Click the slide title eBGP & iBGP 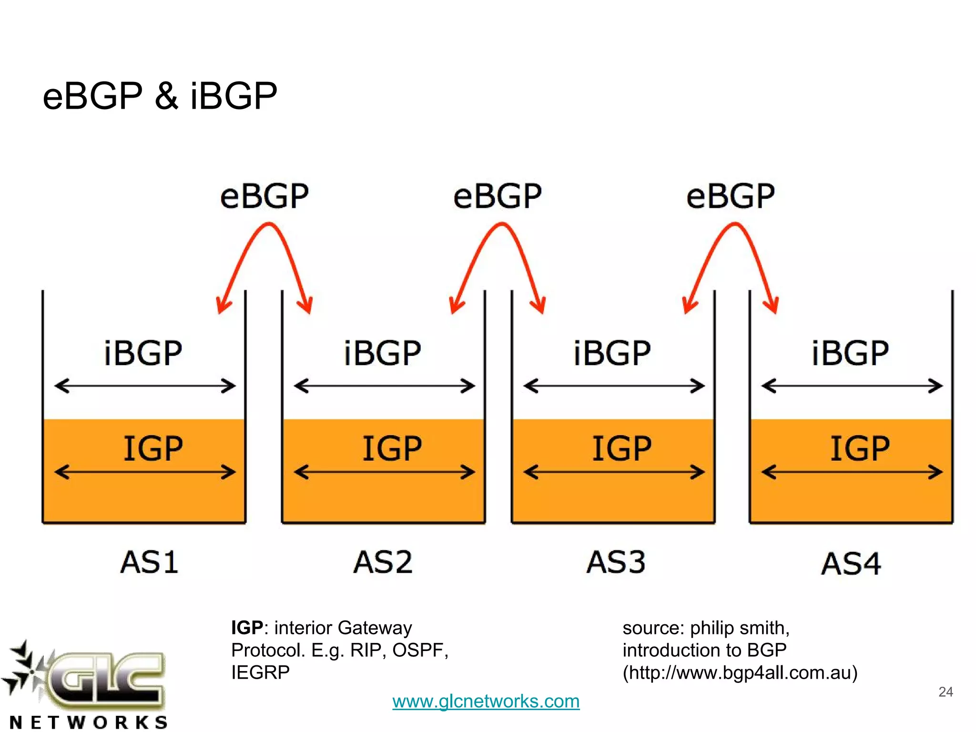tap(160, 96)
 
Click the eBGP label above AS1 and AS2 tap(264, 196)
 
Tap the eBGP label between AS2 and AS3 tap(498, 196)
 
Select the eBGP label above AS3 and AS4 tap(731, 196)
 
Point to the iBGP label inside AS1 tap(143, 354)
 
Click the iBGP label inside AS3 tap(612, 354)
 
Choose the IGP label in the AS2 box tap(392, 448)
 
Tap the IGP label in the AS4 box tap(860, 448)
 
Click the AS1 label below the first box tap(149, 562)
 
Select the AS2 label tap(383, 562)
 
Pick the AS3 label tap(616, 562)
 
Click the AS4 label tap(851, 564)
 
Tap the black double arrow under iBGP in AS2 tap(384, 386)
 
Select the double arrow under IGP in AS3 tap(614, 472)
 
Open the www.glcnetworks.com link tap(486, 701)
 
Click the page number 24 tap(945, 692)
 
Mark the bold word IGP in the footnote tap(247, 628)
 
